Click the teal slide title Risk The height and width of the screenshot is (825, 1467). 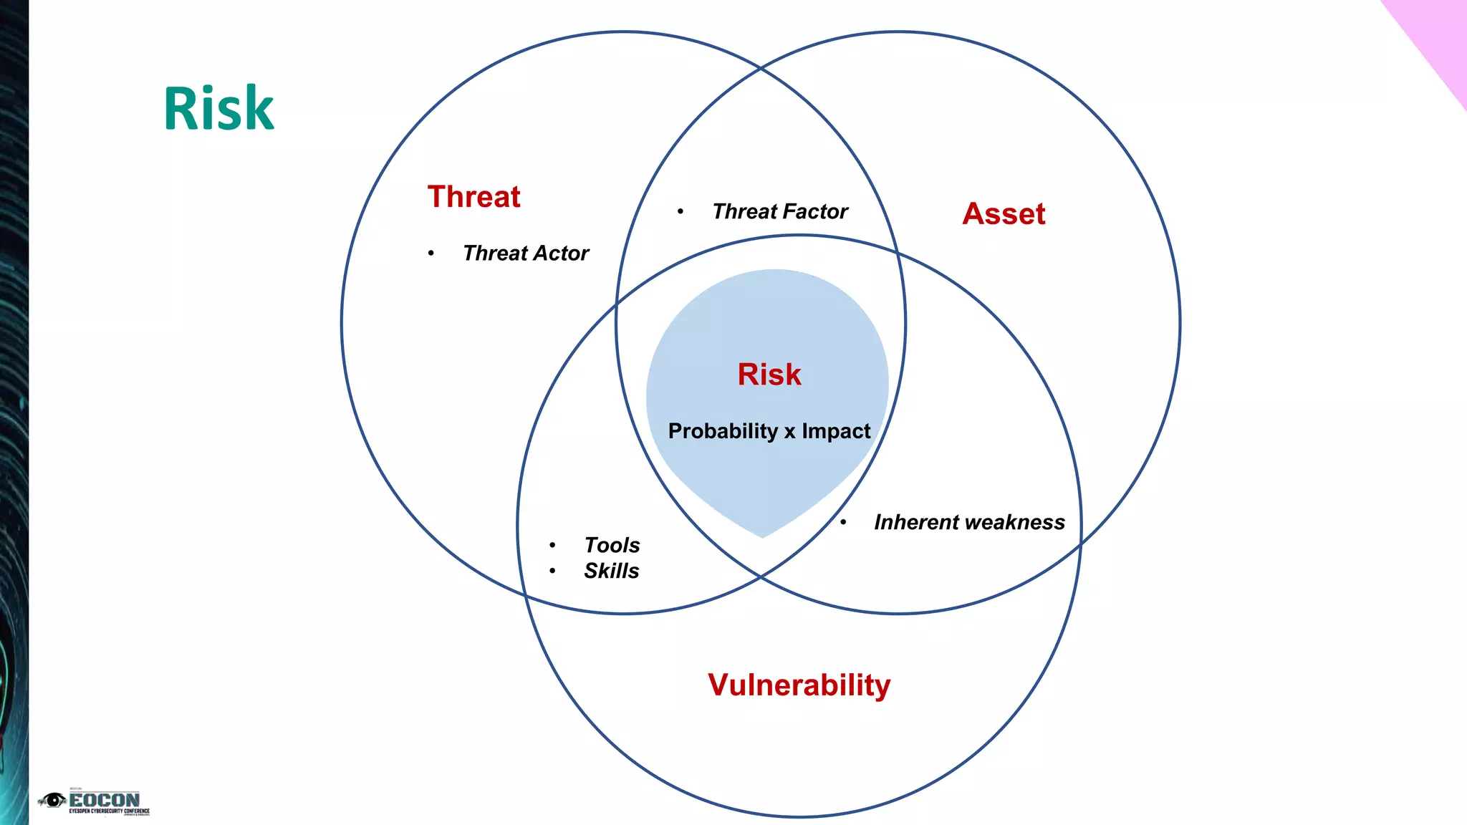218,109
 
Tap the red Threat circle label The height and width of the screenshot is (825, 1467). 473,197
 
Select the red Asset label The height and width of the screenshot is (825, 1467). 1004,214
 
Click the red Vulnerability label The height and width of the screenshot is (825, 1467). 799,685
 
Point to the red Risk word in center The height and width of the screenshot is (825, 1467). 769,375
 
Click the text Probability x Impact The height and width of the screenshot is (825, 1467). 769,431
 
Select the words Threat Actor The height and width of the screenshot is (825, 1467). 525,254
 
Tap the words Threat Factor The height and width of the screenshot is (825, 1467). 779,212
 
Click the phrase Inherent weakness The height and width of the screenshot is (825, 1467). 968,523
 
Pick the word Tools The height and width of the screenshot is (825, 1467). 612,546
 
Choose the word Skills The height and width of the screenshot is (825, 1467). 611,571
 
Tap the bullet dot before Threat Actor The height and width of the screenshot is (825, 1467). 431,254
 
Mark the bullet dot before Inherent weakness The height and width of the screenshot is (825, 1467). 843,523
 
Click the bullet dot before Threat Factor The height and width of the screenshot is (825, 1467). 680,212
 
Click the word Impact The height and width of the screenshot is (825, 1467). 836,431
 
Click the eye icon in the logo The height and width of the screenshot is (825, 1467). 53,800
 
